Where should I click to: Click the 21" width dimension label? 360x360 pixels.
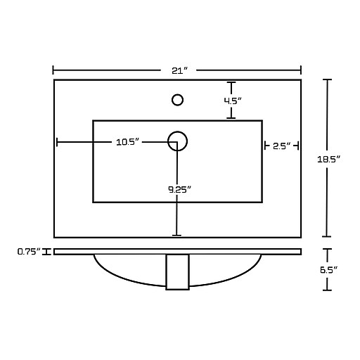click(180, 70)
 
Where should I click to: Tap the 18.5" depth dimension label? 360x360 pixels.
click(328, 160)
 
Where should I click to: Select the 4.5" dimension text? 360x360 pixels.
click(233, 101)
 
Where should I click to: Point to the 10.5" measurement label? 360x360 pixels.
click(127, 142)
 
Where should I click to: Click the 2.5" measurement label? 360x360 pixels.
click(281, 146)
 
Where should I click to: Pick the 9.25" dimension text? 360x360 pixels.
click(180, 189)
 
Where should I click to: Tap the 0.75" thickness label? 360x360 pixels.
click(29, 252)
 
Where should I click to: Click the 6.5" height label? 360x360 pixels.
click(328, 270)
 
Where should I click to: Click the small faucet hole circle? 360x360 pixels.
click(177, 100)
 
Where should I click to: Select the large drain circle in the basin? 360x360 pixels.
click(177, 131)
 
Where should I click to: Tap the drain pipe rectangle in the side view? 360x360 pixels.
click(177, 272)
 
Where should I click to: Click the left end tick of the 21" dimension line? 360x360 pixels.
click(53, 70)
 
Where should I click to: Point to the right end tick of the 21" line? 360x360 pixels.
click(301, 70)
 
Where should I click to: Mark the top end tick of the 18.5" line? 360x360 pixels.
click(327, 79)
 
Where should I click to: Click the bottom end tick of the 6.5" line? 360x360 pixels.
click(327, 290)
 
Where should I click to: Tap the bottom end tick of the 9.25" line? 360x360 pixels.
click(176, 236)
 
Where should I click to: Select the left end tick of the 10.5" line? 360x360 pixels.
click(57, 142)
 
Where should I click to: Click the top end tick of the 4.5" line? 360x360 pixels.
click(231, 82)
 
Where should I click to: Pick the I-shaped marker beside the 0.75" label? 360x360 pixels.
click(46, 252)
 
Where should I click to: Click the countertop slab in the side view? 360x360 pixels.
click(177, 249)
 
